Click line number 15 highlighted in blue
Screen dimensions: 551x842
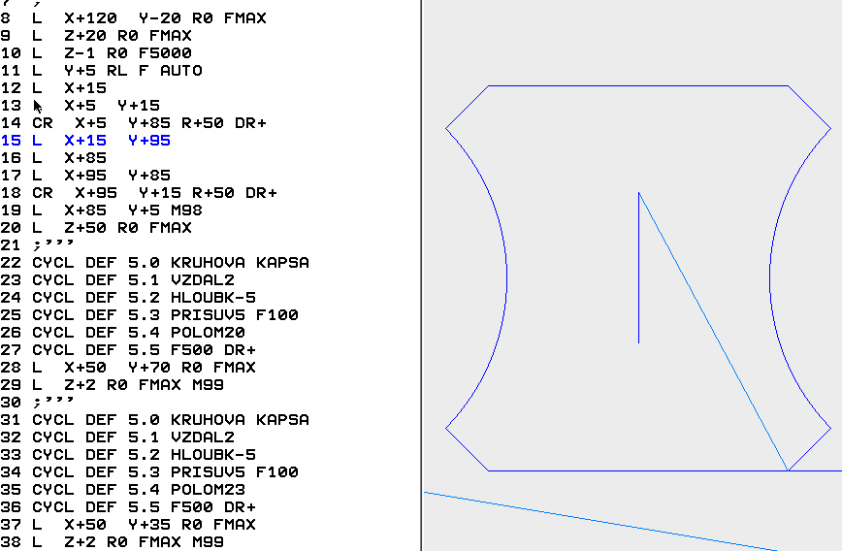(12, 141)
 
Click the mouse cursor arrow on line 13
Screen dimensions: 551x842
(38, 106)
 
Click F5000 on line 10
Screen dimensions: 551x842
(165, 53)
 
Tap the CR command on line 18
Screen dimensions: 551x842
(42, 193)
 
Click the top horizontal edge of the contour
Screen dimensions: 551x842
(637, 85)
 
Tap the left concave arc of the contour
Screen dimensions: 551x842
(506, 277)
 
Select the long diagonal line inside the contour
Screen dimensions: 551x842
(713, 331)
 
